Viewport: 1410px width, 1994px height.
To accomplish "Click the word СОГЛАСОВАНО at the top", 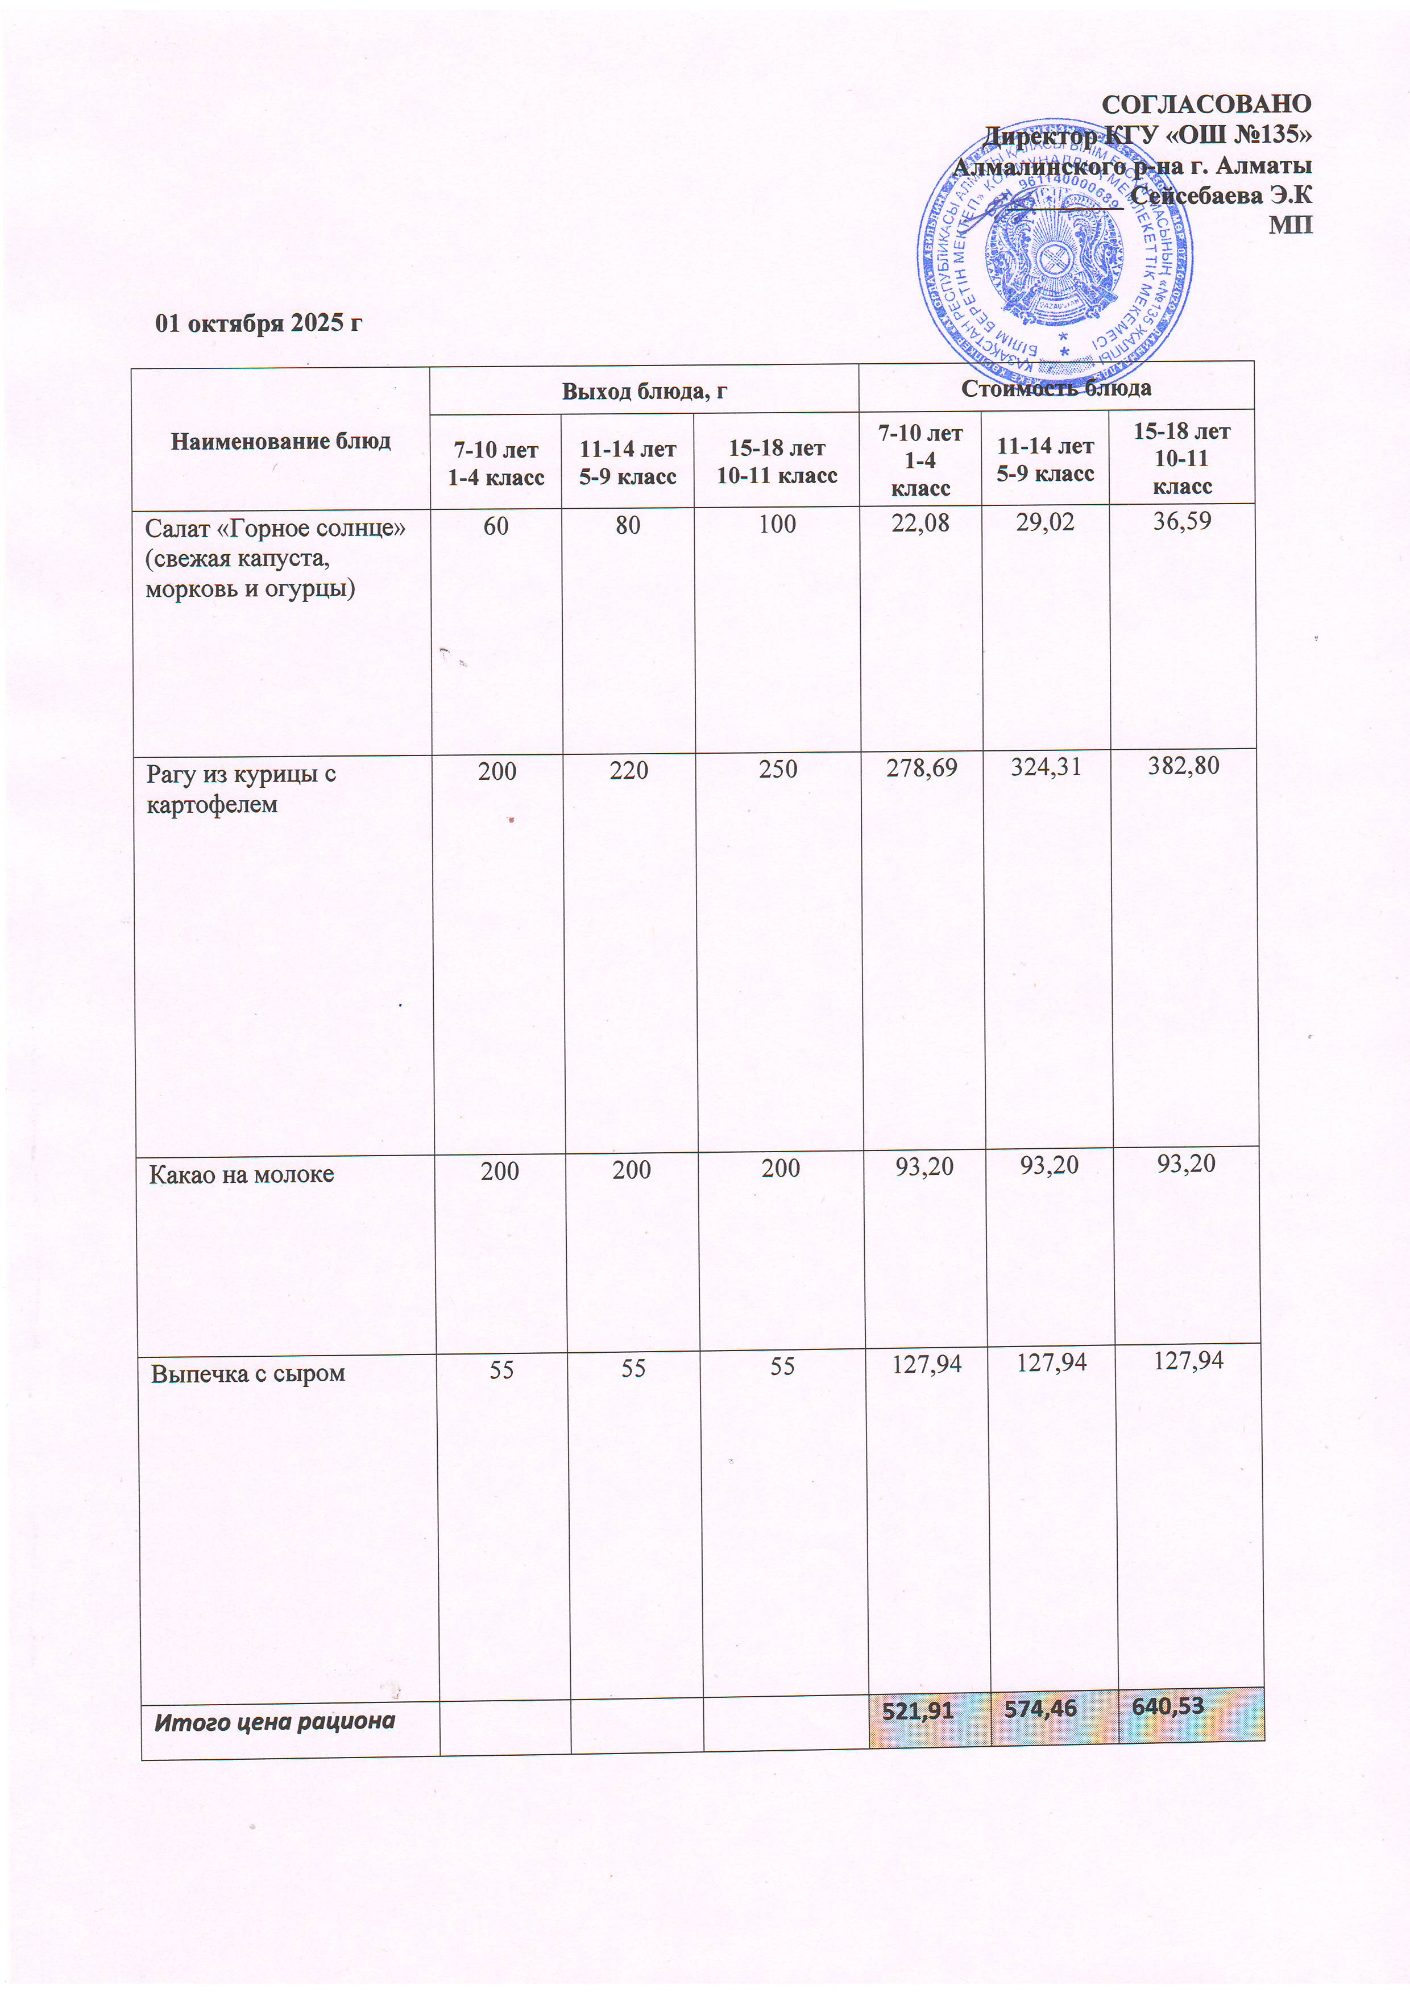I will point(1206,104).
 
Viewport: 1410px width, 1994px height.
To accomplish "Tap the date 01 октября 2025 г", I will point(259,323).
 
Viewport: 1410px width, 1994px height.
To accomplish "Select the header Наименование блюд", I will point(281,441).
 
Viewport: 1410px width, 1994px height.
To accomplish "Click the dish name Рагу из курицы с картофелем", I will point(240,788).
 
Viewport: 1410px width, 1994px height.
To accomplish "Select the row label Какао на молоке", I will point(242,1175).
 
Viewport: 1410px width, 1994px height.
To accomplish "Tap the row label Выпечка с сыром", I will point(247,1374).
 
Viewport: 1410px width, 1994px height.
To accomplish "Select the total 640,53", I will point(1168,1706).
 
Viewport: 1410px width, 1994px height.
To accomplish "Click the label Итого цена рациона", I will point(275,1721).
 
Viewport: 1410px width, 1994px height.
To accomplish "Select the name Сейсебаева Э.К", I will point(1221,196).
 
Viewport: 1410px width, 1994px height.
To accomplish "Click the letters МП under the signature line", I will point(1290,225).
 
